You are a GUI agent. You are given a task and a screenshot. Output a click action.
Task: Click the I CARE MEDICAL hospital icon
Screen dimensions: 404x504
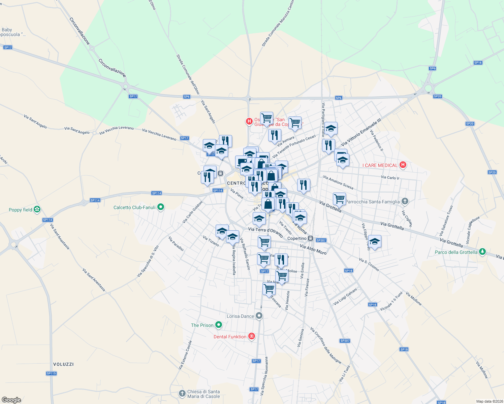(x=403, y=165)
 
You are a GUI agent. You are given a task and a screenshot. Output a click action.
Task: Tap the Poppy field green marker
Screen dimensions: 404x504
(x=37, y=210)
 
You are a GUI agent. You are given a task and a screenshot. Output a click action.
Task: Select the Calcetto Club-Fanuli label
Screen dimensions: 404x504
(x=134, y=207)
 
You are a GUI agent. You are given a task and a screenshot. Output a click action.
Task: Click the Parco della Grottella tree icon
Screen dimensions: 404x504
(x=482, y=252)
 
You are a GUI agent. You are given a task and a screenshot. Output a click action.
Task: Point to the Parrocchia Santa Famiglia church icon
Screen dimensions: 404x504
(x=405, y=202)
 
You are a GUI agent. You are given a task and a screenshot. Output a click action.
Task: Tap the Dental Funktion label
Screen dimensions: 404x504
(x=230, y=337)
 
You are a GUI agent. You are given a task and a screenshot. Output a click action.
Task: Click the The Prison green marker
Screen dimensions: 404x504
(x=219, y=325)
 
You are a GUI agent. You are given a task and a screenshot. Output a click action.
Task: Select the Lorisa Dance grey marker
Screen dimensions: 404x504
(x=259, y=316)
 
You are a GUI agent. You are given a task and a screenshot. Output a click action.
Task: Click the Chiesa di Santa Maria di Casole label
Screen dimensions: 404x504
(x=203, y=394)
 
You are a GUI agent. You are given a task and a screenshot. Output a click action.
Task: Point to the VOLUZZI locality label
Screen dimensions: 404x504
(x=63, y=364)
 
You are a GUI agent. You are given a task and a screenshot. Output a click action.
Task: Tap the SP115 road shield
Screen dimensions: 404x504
(x=51, y=373)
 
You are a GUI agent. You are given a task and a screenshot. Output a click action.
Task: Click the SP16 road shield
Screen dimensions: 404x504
(x=478, y=63)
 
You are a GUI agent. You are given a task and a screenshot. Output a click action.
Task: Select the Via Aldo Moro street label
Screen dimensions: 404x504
(x=313, y=249)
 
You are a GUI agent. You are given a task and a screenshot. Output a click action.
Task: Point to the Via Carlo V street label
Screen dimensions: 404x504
(x=390, y=177)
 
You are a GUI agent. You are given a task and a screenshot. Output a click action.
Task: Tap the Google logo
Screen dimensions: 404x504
(x=11, y=400)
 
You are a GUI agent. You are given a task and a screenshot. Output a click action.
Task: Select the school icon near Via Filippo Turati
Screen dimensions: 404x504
(x=375, y=241)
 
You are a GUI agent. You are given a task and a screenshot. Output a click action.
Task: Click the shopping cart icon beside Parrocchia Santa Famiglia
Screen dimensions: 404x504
(x=339, y=199)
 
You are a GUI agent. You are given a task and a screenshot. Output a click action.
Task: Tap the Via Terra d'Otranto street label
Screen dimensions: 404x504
(x=265, y=232)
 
